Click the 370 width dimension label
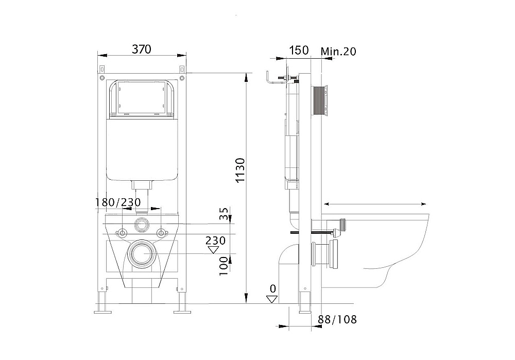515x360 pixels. click(142, 49)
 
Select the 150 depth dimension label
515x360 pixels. click(299, 50)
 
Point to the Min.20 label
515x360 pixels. click(338, 52)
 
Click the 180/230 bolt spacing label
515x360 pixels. click(118, 202)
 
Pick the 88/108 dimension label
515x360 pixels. click(337, 319)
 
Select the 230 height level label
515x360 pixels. click(215, 241)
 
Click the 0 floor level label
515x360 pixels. click(273, 289)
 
